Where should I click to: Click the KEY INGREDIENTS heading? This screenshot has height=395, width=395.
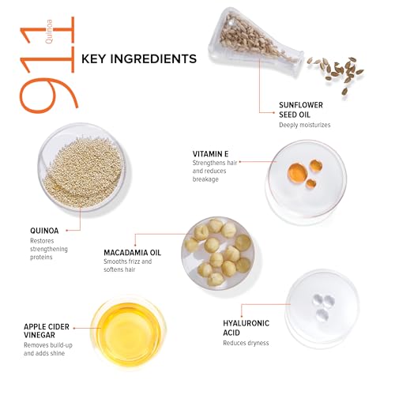pyautogui.click(x=139, y=58)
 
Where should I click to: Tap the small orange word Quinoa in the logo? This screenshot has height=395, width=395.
pyautogui.click(x=49, y=32)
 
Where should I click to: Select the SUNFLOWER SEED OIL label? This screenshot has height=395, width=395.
pyautogui.click(x=301, y=110)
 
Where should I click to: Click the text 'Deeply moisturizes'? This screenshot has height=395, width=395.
pyautogui.click(x=305, y=125)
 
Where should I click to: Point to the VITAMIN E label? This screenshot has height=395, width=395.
pyautogui.click(x=210, y=154)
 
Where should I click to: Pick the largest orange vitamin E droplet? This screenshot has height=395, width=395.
pyautogui.click(x=297, y=172)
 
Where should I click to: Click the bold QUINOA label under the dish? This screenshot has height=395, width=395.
pyautogui.click(x=44, y=231)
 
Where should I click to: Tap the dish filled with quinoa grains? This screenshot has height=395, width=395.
pyautogui.click(x=82, y=167)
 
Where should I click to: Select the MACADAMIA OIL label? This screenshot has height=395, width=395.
pyautogui.click(x=132, y=253)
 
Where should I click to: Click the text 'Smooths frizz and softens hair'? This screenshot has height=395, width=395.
pyautogui.click(x=127, y=265)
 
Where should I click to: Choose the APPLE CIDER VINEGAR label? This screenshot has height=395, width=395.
pyautogui.click(x=47, y=331)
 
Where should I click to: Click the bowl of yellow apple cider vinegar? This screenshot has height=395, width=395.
pyautogui.click(x=128, y=333)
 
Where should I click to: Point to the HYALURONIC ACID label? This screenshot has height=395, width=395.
pyautogui.click(x=246, y=328)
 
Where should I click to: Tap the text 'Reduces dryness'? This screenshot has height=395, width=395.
pyautogui.click(x=246, y=343)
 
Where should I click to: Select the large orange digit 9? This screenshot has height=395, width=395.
pyautogui.click(x=49, y=94)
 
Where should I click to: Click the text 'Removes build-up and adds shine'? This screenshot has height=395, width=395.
pyautogui.click(x=48, y=349)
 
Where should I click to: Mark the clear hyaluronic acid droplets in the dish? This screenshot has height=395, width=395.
pyautogui.click(x=323, y=307)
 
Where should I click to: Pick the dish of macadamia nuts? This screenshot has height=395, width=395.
pyautogui.click(x=218, y=254)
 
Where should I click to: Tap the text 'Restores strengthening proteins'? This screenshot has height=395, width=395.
pyautogui.click(x=49, y=249)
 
